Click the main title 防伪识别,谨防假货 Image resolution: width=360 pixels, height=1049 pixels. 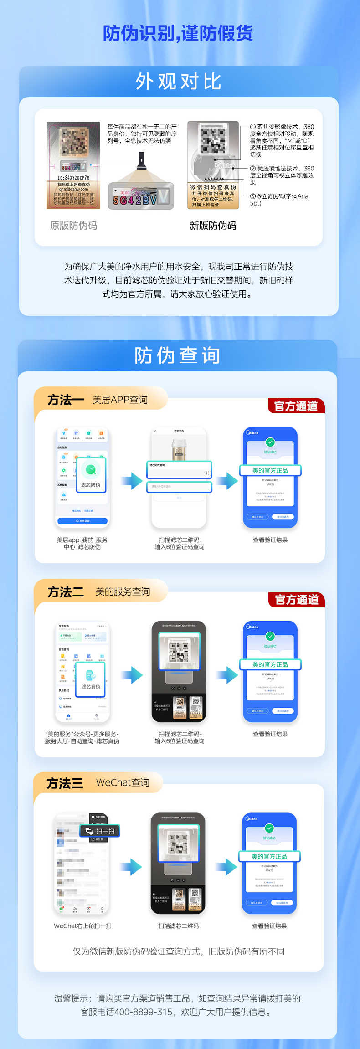178,33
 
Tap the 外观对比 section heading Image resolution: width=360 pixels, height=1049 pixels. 179,82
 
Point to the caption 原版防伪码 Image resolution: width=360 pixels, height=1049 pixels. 73,226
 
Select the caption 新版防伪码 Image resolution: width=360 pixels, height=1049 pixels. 213,226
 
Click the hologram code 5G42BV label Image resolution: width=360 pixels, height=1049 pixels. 141,196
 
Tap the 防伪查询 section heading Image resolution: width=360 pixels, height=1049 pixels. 178,355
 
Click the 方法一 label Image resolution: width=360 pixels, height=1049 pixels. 66,400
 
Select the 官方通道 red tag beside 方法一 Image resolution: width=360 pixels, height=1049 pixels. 296,406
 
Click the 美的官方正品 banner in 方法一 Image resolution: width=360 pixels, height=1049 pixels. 270,470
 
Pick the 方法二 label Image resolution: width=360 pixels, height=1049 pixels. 66,592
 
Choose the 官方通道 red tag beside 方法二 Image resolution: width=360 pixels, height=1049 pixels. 297,600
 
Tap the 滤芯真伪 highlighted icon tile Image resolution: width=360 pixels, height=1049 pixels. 91,679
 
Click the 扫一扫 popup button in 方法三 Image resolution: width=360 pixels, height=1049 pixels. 100,831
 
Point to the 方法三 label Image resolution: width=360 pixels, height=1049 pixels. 65,783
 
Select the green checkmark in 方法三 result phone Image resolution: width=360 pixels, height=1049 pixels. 269,828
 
